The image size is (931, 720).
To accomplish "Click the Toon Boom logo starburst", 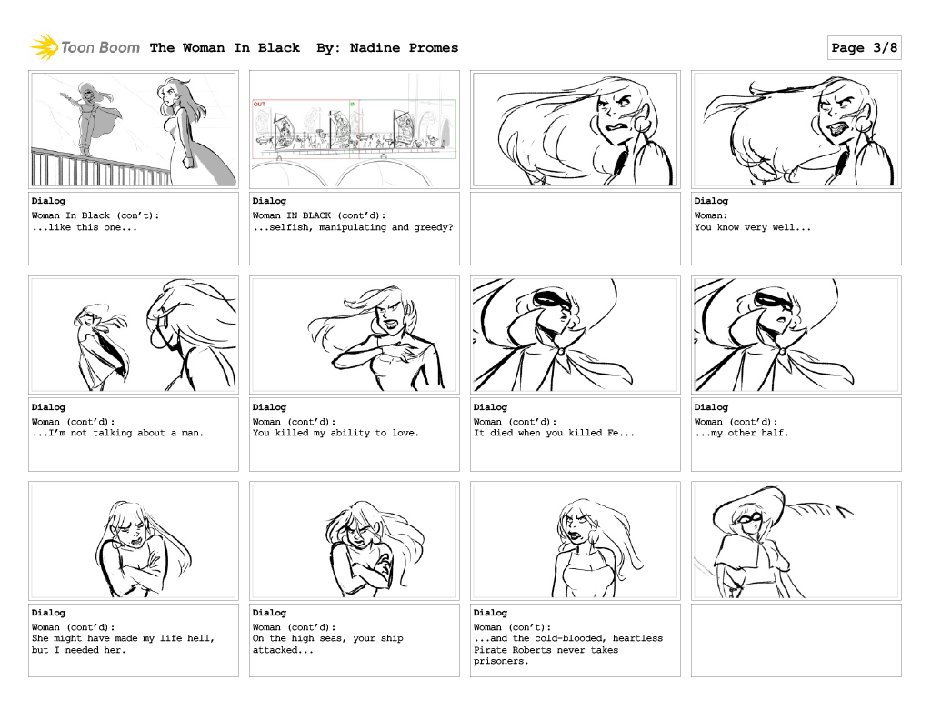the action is point(44,47).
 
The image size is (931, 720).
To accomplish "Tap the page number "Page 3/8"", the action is point(864,47).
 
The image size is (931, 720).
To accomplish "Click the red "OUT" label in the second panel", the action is point(259,105).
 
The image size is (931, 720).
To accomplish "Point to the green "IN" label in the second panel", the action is point(353,105).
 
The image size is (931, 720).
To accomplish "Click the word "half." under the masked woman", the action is point(775,433).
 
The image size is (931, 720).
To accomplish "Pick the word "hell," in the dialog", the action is point(201,638).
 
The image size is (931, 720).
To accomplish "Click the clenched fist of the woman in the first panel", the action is point(188,162).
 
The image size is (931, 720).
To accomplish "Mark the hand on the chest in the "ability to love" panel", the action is point(406,351).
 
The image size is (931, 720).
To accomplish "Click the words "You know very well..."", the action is point(752,227).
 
